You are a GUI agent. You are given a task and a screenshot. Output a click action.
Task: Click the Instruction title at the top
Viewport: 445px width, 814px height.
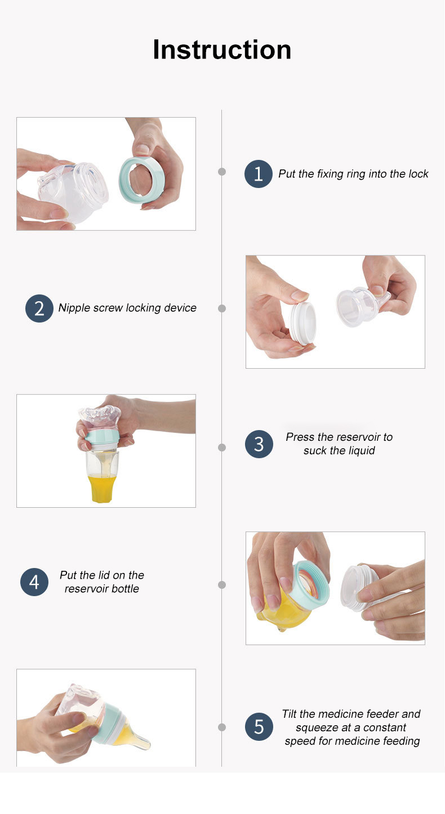[x=222, y=50]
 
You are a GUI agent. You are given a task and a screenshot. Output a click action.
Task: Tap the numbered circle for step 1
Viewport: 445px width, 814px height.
[x=258, y=174]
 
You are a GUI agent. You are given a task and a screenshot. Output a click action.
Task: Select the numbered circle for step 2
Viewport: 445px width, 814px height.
[x=39, y=308]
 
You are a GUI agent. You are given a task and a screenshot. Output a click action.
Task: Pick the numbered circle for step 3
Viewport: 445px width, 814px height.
[x=259, y=444]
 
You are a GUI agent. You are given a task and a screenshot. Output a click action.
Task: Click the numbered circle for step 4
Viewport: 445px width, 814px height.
[x=34, y=582]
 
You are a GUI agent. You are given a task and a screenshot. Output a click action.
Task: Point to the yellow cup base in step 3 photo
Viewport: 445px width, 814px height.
[x=102, y=489]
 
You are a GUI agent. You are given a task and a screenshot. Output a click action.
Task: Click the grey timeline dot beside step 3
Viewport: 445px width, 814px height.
[x=222, y=448]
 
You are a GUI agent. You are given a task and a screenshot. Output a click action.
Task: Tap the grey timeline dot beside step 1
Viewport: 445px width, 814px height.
[x=222, y=172]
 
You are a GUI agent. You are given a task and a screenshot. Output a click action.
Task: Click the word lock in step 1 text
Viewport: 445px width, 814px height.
[x=419, y=174]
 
